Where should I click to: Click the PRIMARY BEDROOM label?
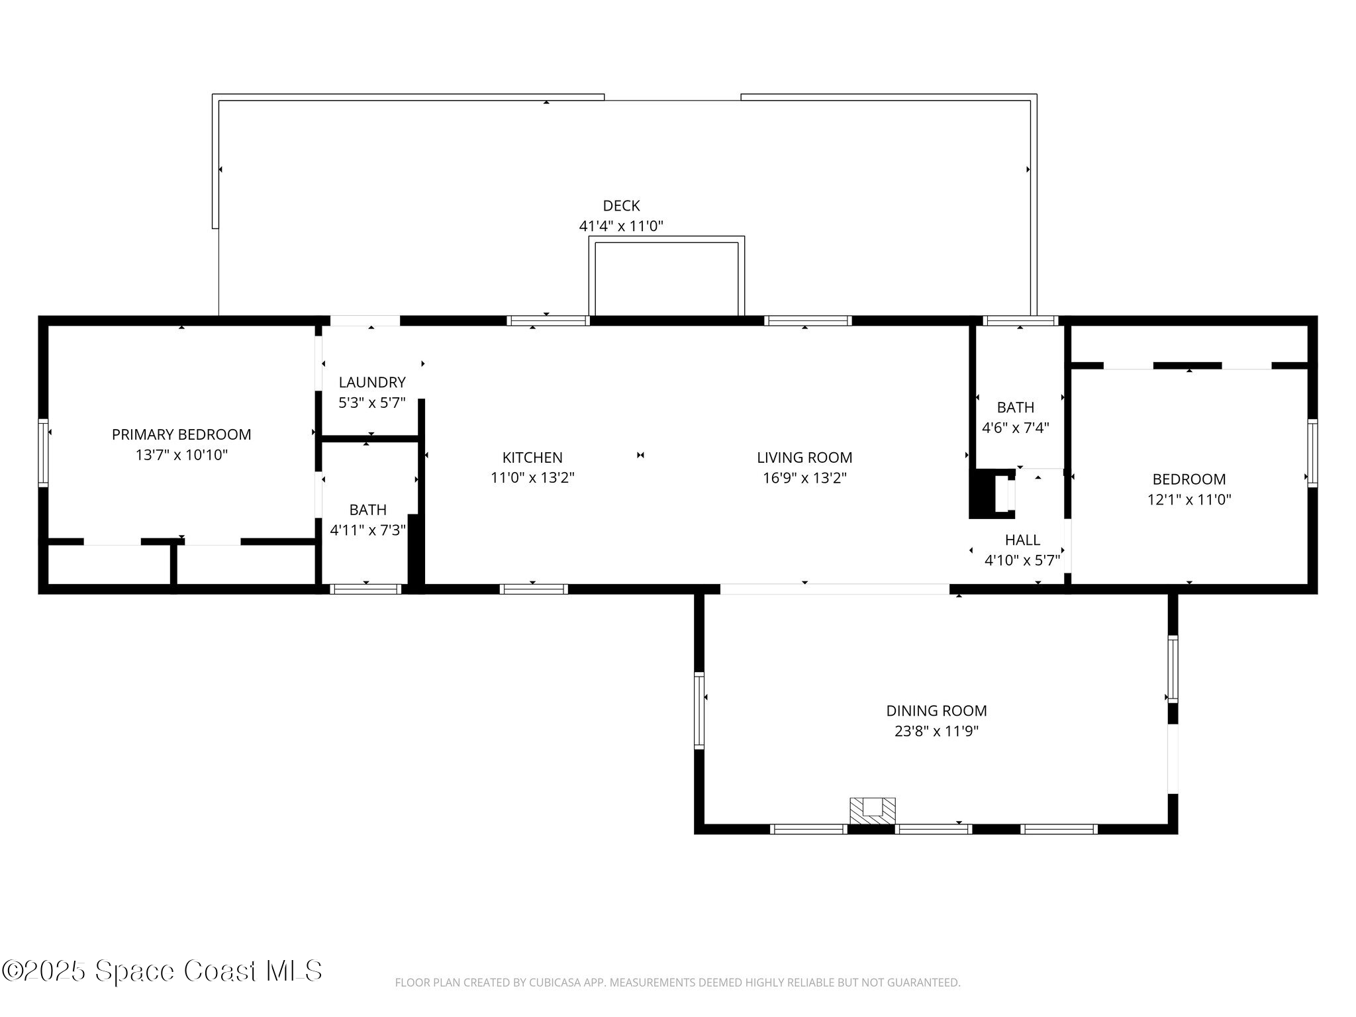pyautogui.click(x=181, y=434)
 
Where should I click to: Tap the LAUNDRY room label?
pyautogui.click(x=372, y=382)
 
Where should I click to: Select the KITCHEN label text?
pyautogui.click(x=532, y=458)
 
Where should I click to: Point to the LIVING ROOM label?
pyautogui.click(x=804, y=458)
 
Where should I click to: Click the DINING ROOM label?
pyautogui.click(x=936, y=711)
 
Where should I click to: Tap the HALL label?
pyautogui.click(x=1022, y=540)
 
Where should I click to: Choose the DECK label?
pyautogui.click(x=621, y=206)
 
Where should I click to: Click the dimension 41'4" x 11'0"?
pyautogui.click(x=621, y=226)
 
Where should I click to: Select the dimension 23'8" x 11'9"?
pyautogui.click(x=936, y=732)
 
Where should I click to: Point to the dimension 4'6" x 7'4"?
pyautogui.click(x=1015, y=428)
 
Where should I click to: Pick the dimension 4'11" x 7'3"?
pyautogui.click(x=368, y=530)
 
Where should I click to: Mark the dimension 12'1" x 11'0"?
pyautogui.click(x=1189, y=500)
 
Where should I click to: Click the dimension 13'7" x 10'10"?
pyautogui.click(x=181, y=455)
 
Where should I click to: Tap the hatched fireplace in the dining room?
pyautogui.click(x=873, y=811)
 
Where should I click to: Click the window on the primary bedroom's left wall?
pyautogui.click(x=43, y=453)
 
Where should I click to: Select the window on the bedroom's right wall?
pyautogui.click(x=1312, y=453)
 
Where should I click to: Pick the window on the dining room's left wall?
pyautogui.click(x=699, y=710)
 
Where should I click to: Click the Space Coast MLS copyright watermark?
pyautogui.click(x=162, y=971)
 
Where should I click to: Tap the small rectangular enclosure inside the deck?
pyautogui.click(x=667, y=276)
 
